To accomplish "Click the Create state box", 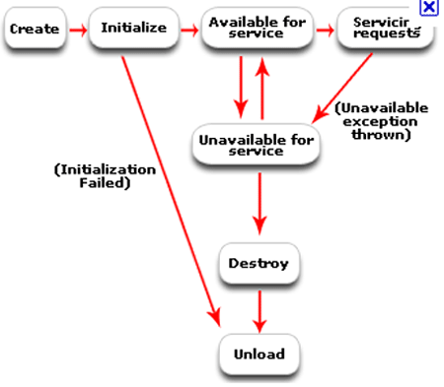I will click(36, 30).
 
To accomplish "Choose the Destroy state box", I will click(259, 263).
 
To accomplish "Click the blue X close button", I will click(429, 8).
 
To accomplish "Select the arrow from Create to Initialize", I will click(77, 30).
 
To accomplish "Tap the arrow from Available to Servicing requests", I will click(323, 30).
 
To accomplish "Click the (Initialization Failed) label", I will click(92, 176).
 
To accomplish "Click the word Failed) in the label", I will click(106, 183).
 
